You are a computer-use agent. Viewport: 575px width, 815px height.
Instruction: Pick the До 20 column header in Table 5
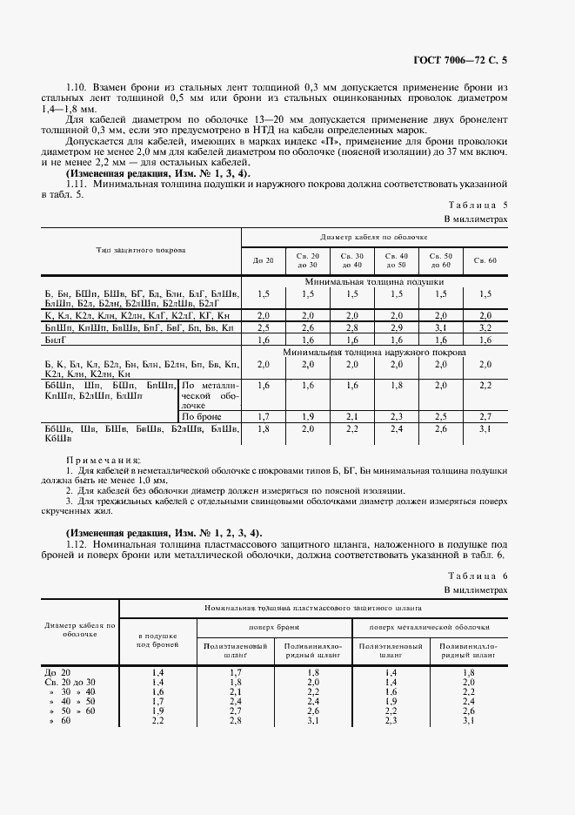263,260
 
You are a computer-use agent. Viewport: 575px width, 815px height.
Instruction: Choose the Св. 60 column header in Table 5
485,260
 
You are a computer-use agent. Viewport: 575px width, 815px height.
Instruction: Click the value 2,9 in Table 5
396,327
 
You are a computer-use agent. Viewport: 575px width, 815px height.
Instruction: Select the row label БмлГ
56,340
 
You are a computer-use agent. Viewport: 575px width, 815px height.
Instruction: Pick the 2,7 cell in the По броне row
485,417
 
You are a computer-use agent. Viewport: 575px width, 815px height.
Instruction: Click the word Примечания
103,460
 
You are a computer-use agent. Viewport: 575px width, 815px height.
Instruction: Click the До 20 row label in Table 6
55,672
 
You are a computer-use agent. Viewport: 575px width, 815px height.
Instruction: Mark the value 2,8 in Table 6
235,721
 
